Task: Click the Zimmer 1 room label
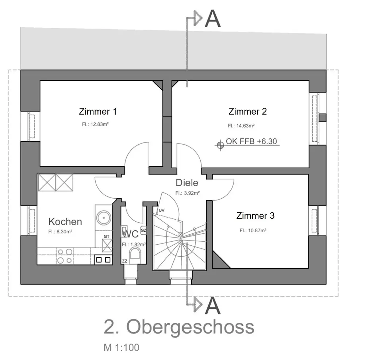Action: (98, 111)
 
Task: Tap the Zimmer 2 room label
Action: (247, 111)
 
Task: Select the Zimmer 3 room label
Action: (255, 215)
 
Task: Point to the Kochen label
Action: (65, 222)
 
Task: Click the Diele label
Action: (187, 183)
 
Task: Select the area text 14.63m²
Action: (241, 126)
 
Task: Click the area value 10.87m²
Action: (253, 230)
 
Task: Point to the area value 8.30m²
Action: (61, 231)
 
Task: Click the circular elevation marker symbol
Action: (220, 145)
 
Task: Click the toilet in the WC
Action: (135, 255)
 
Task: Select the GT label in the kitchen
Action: (107, 237)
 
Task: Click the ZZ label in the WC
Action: (124, 261)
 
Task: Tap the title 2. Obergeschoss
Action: (179, 327)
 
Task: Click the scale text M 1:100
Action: (121, 348)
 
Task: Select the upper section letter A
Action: (213, 19)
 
